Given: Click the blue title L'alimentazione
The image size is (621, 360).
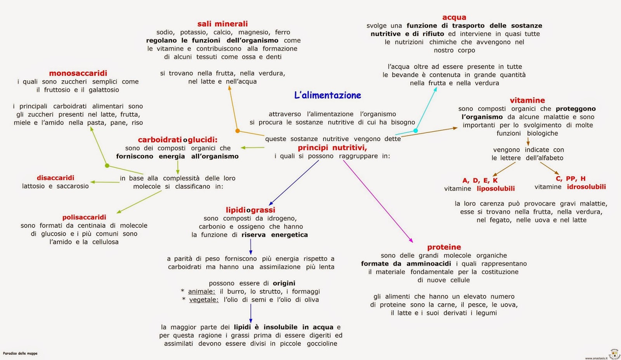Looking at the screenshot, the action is (328, 95).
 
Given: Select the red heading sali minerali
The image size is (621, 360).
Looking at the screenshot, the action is (222, 24).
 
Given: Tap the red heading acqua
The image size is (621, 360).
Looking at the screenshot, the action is (454, 17).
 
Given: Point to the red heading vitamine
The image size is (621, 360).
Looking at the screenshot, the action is (527, 100).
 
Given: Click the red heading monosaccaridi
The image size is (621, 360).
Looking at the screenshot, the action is (78, 73).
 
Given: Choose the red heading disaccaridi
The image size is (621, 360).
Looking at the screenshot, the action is (56, 178).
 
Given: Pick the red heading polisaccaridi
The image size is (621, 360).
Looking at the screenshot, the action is (84, 217).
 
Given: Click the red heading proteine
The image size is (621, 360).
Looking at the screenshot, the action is (444, 247).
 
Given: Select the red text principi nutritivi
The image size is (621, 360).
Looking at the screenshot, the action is (332, 148).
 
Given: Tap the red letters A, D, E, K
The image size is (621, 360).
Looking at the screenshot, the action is (480, 180).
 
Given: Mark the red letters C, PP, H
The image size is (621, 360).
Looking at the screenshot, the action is (571, 179).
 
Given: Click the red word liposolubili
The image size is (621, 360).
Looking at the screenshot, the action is (496, 189).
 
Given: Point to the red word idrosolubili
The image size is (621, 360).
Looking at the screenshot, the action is (586, 187).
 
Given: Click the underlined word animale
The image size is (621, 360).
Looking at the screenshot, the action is (201, 292).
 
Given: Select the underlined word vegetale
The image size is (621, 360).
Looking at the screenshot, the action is (204, 300).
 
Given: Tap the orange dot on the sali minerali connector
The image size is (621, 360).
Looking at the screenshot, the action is (238, 131).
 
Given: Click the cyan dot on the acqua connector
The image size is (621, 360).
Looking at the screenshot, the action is (415, 131).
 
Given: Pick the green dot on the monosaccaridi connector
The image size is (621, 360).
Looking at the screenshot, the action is (107, 166).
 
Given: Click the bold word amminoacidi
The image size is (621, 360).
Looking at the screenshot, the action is (428, 264).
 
